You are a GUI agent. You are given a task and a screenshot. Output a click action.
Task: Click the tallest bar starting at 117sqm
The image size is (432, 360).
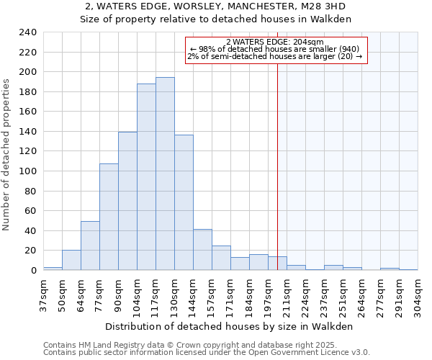165,174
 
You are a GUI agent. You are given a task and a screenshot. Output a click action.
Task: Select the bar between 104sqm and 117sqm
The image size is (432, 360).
146,177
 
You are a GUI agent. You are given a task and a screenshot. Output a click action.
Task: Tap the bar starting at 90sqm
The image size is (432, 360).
127,201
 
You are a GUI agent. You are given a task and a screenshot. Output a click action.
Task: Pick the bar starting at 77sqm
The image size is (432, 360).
109,217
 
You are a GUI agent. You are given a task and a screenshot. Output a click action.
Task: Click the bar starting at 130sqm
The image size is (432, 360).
184,202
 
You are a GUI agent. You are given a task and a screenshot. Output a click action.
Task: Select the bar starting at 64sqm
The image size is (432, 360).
90,246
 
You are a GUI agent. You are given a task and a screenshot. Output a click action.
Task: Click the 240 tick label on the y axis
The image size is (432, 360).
27,32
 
